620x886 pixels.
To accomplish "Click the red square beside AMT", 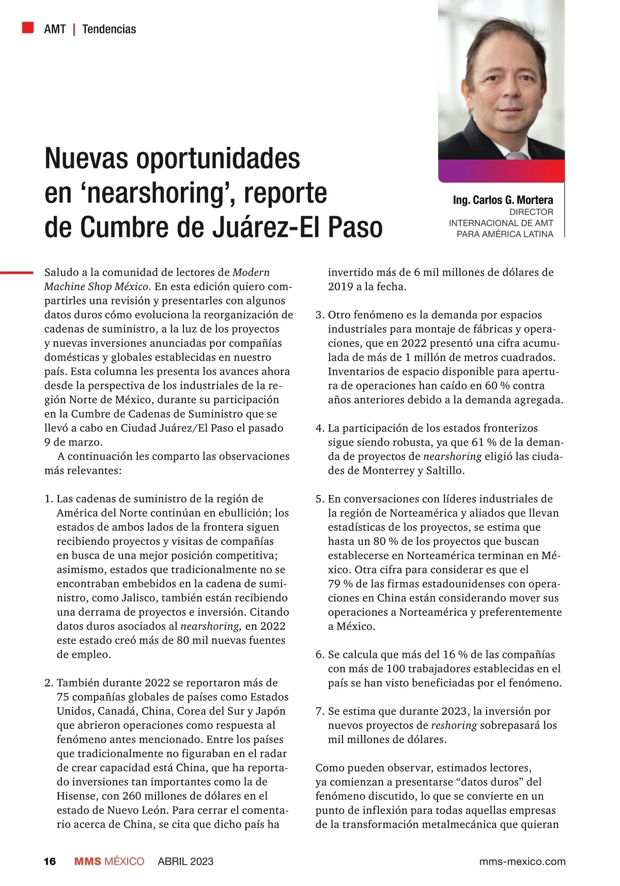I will (28, 27).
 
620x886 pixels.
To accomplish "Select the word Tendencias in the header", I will (109, 29).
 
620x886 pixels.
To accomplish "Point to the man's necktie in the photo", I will (514, 156).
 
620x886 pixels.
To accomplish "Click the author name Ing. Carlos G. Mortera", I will (503, 200).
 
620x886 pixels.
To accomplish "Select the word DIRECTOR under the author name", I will (531, 212).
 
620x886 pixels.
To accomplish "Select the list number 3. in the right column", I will (320, 315).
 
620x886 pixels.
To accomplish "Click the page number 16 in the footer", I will (50, 861).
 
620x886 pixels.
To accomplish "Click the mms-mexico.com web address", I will (522, 861).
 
